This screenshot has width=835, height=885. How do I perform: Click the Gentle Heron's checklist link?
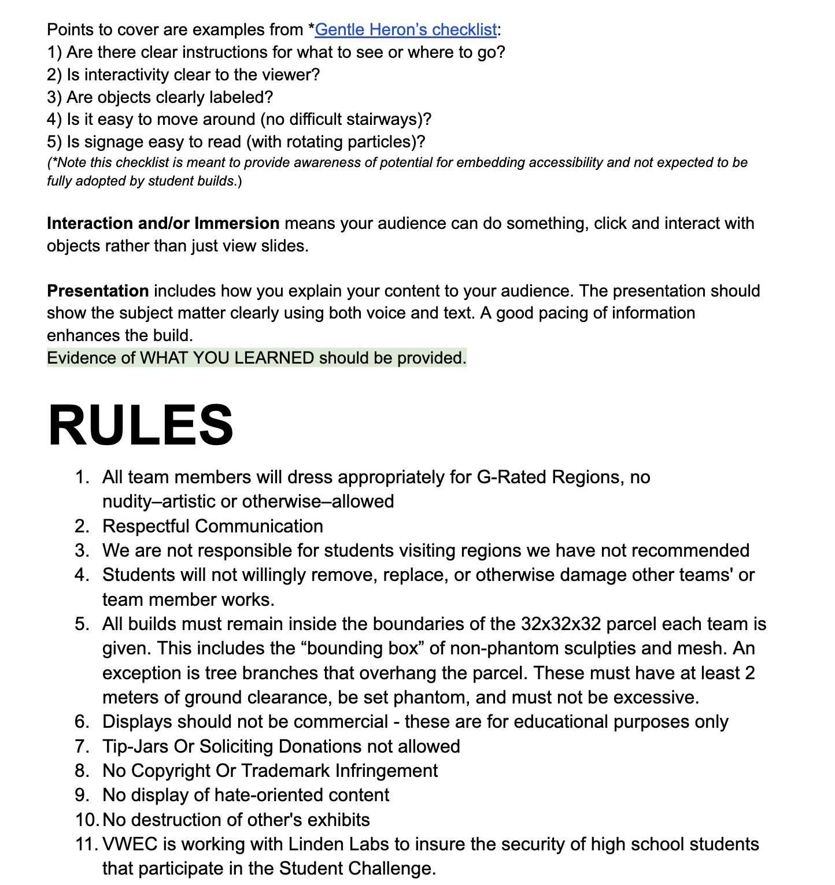point(405,29)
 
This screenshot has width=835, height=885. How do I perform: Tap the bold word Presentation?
point(98,291)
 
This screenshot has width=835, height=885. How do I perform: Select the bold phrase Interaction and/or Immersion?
point(163,224)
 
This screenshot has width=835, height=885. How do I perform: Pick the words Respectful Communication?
point(212,527)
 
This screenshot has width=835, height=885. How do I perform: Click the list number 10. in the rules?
point(86,820)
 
